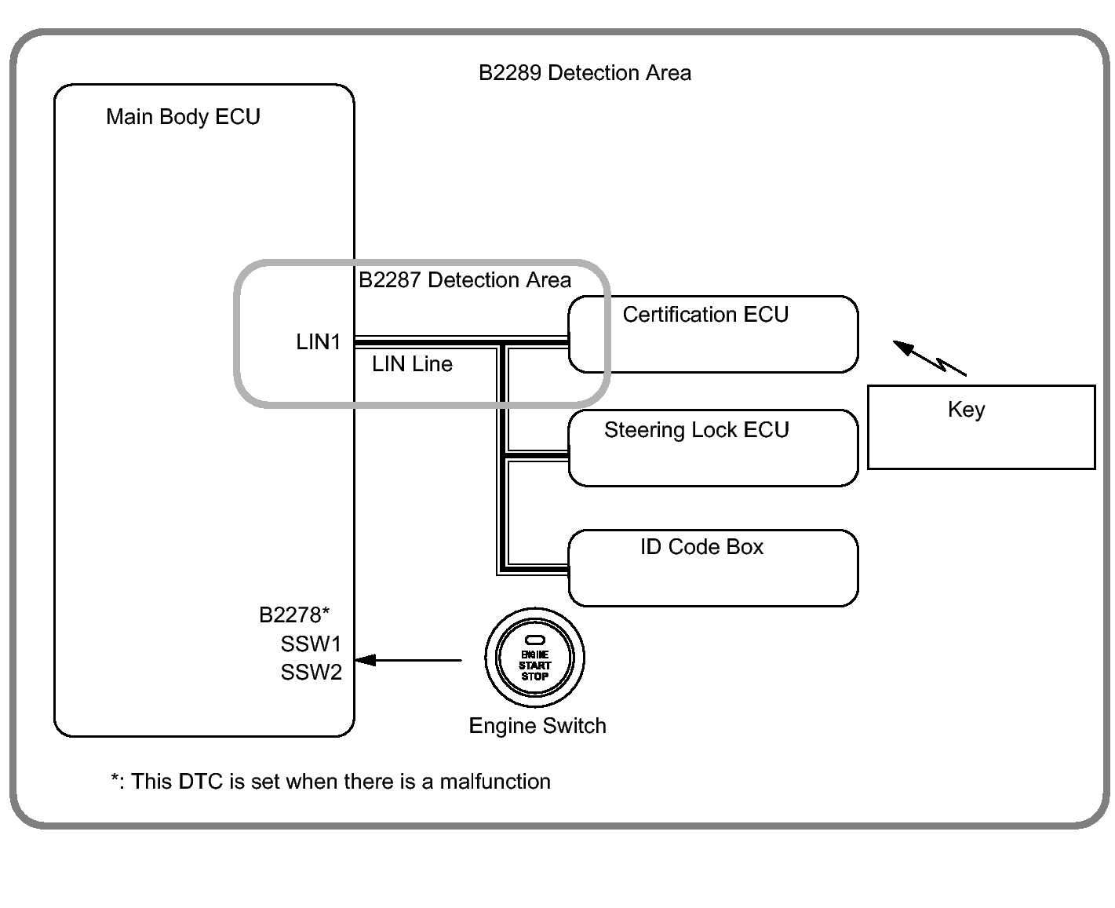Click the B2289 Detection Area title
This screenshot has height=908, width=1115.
click(x=585, y=73)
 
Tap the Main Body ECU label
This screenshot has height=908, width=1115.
click(x=183, y=117)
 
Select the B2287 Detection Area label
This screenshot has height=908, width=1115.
click(x=465, y=280)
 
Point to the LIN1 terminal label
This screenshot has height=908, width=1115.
click(x=318, y=342)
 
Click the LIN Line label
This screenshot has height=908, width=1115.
click(x=412, y=364)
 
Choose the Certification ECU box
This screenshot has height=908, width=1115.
click(x=712, y=334)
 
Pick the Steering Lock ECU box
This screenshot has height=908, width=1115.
click(x=712, y=448)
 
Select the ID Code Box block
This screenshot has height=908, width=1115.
click(x=712, y=568)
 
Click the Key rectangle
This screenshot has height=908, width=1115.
click(x=981, y=427)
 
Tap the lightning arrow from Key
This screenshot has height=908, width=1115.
click(x=930, y=358)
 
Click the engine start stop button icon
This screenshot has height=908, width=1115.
click(x=534, y=658)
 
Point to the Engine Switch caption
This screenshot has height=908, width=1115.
click(x=537, y=726)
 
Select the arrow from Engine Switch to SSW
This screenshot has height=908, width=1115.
click(x=408, y=660)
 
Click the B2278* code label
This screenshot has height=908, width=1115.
click(x=294, y=614)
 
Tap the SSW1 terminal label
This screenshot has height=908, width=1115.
click(x=311, y=644)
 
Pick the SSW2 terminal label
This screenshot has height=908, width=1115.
click(x=311, y=673)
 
